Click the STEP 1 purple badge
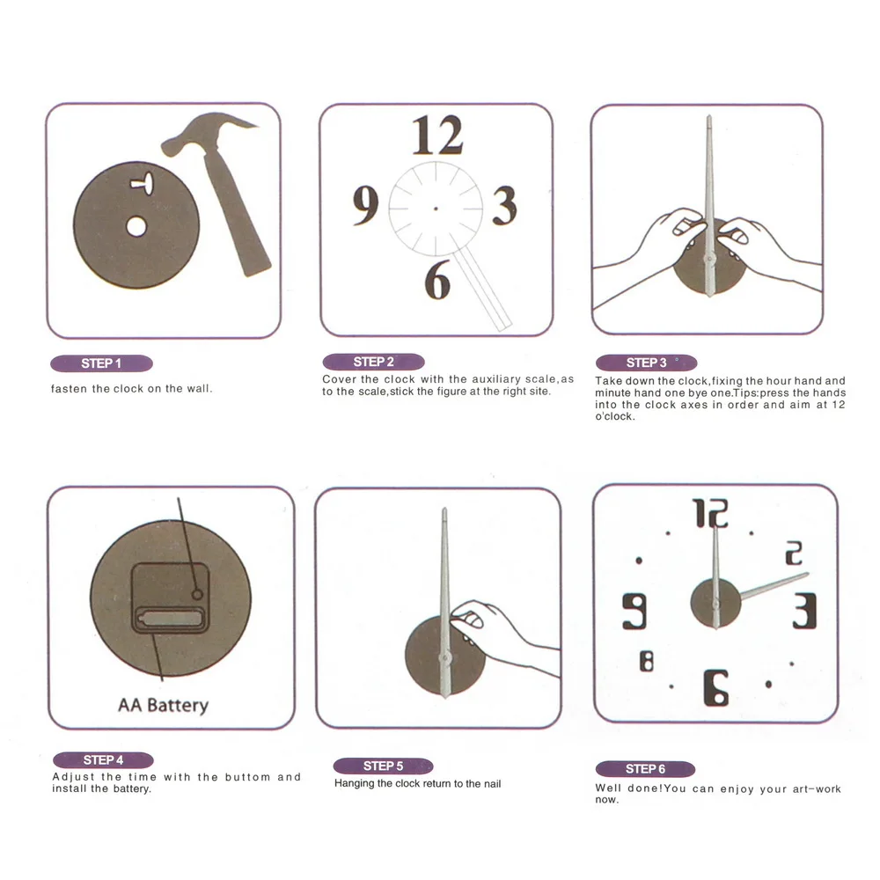[101, 363]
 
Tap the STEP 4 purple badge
[103, 760]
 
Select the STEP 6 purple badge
[645, 769]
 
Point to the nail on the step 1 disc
[143, 184]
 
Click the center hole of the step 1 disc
[136, 227]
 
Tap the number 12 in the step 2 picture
[437, 136]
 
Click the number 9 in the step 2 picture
[365, 205]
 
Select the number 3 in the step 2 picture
[504, 206]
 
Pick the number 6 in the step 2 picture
[437, 279]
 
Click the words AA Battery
[164, 705]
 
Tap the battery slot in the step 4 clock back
[169, 619]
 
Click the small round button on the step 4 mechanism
[197, 594]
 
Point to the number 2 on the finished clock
[794, 553]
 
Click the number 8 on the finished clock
[647, 661]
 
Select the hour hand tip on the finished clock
[808, 574]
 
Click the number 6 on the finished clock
[716, 687]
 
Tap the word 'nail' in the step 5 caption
[492, 783]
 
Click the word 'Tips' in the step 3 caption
[744, 392]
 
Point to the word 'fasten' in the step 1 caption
[70, 388]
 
